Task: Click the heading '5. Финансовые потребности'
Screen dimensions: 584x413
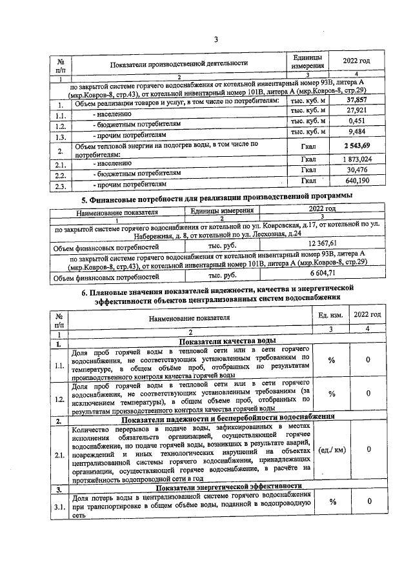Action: (x=215, y=196)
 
